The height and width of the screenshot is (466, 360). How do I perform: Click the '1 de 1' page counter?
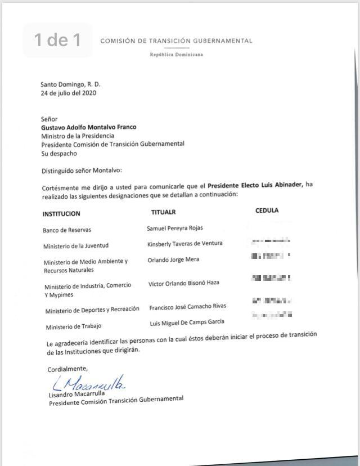pyautogui.click(x=57, y=40)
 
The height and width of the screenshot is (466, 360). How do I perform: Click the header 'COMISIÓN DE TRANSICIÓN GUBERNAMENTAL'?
pyautogui.click(x=176, y=41)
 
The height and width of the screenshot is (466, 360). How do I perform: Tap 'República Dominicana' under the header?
pyautogui.click(x=176, y=55)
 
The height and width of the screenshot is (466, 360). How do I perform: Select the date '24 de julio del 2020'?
pyautogui.click(x=68, y=93)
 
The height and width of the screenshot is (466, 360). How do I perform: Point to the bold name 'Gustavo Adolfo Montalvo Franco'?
pyautogui.click(x=89, y=127)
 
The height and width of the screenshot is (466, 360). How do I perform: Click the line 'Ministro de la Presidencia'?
pyautogui.click(x=78, y=136)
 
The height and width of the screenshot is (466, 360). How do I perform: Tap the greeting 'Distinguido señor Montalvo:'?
pyautogui.click(x=82, y=171)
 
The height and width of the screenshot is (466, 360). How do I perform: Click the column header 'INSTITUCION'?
pyautogui.click(x=61, y=214)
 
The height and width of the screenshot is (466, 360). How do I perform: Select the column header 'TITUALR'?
pyautogui.click(x=163, y=212)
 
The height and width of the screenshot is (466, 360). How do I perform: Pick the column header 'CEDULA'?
pyautogui.click(x=267, y=210)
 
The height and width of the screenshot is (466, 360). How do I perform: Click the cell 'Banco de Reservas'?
pyautogui.click(x=67, y=230)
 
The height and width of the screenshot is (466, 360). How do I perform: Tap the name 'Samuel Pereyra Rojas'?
pyautogui.click(x=175, y=228)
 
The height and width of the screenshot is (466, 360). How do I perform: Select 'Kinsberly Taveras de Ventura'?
pyautogui.click(x=185, y=243)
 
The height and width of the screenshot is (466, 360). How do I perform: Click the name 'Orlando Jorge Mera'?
pyautogui.click(x=173, y=260)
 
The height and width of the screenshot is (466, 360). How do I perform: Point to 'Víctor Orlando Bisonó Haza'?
pyautogui.click(x=184, y=283)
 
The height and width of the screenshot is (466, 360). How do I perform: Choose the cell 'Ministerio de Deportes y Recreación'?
pyautogui.click(x=92, y=310)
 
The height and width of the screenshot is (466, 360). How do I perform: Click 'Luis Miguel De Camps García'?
pyautogui.click(x=187, y=321)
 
